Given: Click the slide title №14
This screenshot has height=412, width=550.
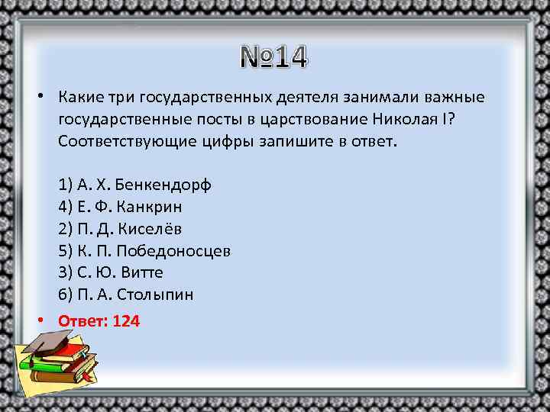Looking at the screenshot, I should click(273, 57).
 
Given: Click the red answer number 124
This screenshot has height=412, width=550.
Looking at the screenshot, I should click(125, 321).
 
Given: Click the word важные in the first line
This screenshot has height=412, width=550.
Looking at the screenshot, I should click(456, 98).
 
